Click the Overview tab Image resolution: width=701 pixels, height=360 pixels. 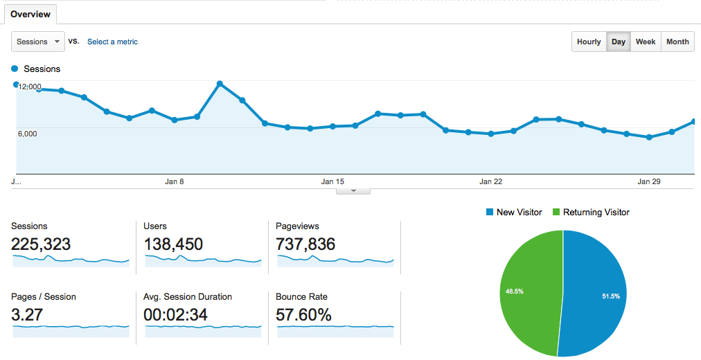pyautogui.click(x=30, y=15)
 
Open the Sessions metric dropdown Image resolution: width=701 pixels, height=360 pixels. pyautogui.click(x=38, y=42)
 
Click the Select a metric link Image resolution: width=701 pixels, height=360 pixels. pyautogui.click(x=112, y=42)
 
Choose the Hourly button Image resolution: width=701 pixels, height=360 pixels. pyautogui.click(x=589, y=42)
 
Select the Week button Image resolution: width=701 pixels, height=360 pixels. pyautogui.click(x=646, y=42)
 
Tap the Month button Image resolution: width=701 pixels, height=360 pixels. pyautogui.click(x=677, y=42)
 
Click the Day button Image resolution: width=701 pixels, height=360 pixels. pyautogui.click(x=619, y=42)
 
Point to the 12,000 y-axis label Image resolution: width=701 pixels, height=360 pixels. pyautogui.click(x=30, y=87)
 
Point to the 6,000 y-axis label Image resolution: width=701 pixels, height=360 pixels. pyautogui.click(x=27, y=134)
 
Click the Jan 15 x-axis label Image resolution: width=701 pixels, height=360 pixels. pyautogui.click(x=332, y=181)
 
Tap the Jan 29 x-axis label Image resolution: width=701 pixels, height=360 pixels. pyautogui.click(x=648, y=181)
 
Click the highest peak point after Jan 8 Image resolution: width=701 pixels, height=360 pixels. pyautogui.click(x=220, y=84)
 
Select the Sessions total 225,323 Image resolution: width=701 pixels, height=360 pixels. pyautogui.click(x=41, y=244)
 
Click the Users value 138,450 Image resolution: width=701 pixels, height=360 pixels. pyautogui.click(x=173, y=244)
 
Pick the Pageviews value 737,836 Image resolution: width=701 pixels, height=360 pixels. pyautogui.click(x=305, y=244)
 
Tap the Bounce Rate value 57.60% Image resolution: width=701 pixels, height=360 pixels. pyautogui.click(x=303, y=315)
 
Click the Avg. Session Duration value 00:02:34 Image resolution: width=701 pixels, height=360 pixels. pyautogui.click(x=175, y=315)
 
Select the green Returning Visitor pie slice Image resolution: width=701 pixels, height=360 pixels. pyautogui.click(x=530, y=293)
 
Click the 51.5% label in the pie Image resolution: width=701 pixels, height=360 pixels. pyautogui.click(x=611, y=296)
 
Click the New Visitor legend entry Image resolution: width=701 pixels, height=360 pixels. pyautogui.click(x=514, y=212)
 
